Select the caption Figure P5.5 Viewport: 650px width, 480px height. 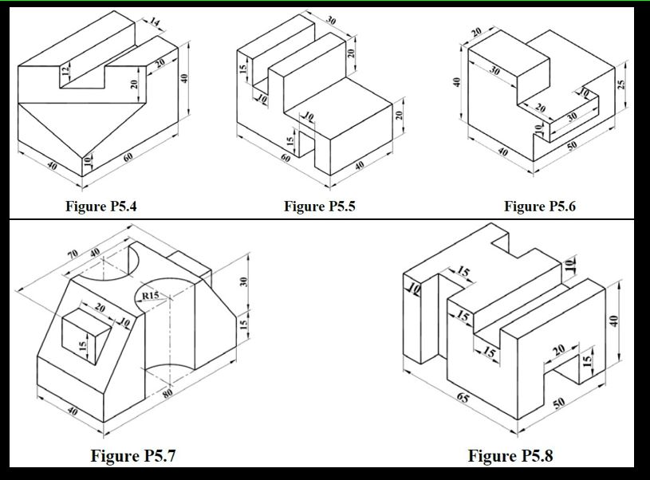tap(320, 207)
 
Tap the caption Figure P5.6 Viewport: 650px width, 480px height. tap(539, 207)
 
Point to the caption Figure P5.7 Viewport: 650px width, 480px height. tap(132, 456)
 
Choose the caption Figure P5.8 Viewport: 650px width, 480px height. tap(510, 456)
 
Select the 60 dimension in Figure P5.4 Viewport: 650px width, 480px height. tap(128, 158)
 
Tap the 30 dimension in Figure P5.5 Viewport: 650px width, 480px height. tap(330, 20)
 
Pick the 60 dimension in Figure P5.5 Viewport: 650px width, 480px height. tap(286, 159)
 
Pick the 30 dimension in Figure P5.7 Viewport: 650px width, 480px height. tap(246, 281)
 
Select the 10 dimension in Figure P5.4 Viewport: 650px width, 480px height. tap(87, 163)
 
